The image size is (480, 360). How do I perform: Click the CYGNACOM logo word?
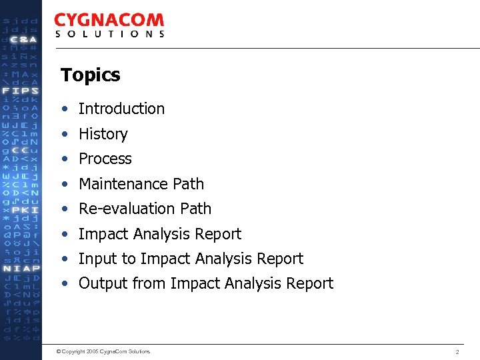pyautogui.click(x=109, y=21)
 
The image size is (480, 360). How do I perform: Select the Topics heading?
pyautogui.click(x=90, y=75)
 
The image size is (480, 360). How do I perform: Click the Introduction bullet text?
pyautogui.click(x=121, y=109)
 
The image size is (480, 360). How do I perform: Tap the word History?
pyautogui.click(x=103, y=134)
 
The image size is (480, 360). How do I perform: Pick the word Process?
pyautogui.click(x=105, y=159)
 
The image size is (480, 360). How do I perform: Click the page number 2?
pyautogui.click(x=457, y=351)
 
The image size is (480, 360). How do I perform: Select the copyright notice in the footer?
pyautogui.click(x=103, y=351)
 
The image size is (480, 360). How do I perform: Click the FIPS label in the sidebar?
pyautogui.click(x=21, y=91)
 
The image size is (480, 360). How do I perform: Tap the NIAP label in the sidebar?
pyautogui.click(x=21, y=269)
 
